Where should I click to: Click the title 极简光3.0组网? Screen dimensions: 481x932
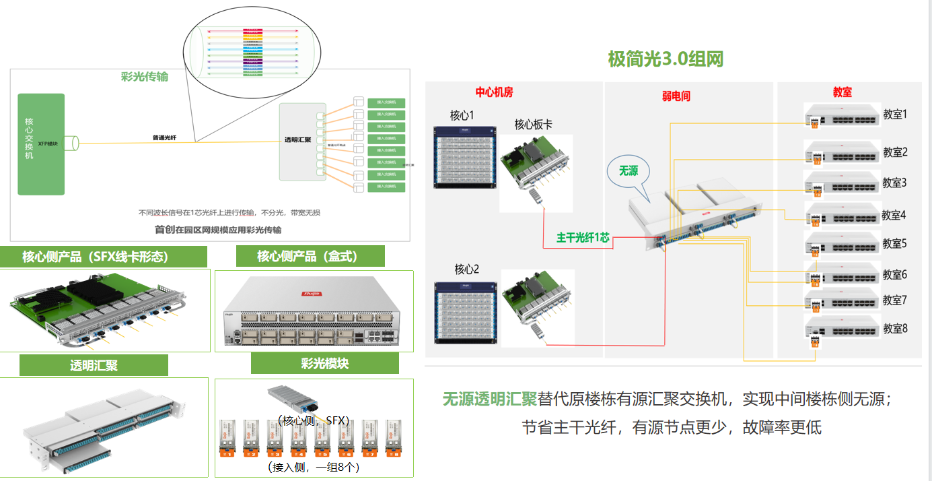[x=666, y=59]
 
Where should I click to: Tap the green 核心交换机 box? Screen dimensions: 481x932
[x=41, y=144]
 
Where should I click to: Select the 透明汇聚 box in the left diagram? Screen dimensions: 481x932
[x=302, y=141]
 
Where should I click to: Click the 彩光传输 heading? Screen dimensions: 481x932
[x=144, y=77]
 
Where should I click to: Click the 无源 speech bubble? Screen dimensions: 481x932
[x=629, y=171]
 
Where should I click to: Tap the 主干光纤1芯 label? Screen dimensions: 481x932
[x=583, y=237]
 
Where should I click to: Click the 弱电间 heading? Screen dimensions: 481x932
[x=676, y=96]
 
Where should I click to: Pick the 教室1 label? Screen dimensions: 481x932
[x=895, y=115]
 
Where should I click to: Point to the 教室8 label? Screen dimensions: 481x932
[x=895, y=329]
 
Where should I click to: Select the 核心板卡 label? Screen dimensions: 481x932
[x=534, y=125]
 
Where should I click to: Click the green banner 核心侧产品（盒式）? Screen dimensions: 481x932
[x=310, y=256]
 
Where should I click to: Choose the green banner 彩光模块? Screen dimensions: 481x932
[x=324, y=363]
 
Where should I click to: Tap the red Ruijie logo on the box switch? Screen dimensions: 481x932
[x=314, y=294]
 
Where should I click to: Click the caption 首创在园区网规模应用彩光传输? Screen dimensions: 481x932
[x=218, y=230]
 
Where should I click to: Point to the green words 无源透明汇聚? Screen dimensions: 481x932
[x=489, y=399]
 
